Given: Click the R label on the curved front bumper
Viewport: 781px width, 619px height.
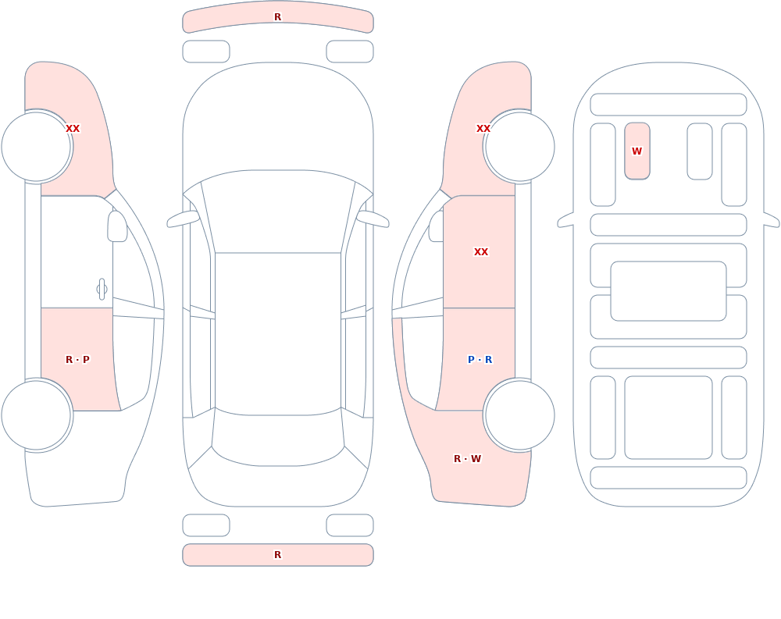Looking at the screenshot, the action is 277,17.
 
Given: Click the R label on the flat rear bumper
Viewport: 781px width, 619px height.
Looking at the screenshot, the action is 277,555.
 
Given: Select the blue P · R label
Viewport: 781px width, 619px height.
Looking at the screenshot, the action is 480,360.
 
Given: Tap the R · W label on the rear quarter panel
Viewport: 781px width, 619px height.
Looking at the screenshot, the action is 467,459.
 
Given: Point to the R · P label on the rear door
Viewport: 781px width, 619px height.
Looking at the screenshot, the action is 77,360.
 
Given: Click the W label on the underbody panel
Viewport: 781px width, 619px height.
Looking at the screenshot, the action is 637,151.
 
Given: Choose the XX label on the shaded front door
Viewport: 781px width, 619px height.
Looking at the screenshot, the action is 480,252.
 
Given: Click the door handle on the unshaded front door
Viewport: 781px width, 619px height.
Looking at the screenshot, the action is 102,290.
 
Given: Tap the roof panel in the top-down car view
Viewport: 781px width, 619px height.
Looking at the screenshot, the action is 278,333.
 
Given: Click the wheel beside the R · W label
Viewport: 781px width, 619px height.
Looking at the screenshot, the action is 519,415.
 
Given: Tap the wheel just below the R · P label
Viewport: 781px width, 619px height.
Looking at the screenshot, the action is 37,415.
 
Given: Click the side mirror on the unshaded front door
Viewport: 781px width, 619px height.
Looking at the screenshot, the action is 117,226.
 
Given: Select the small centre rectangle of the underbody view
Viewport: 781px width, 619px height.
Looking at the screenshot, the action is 668,291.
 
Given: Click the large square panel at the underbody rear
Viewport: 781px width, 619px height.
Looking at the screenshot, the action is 668,418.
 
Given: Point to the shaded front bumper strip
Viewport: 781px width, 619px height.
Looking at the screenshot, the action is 278,17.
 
